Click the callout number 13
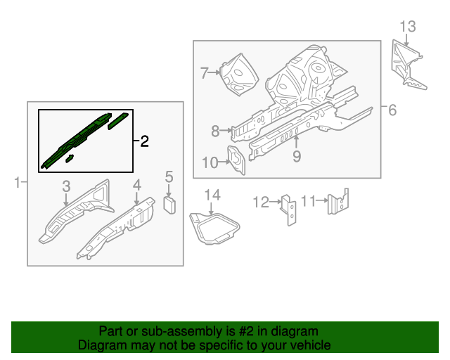pos(408,27)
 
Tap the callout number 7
pos(204,73)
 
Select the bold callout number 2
pos(145,141)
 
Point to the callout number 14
pos(212,195)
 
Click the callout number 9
pos(297,157)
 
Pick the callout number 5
pos(169,176)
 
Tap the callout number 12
pos(261,202)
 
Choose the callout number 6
pos(392,110)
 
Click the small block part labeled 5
pos(169,205)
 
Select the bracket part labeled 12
pos(289,210)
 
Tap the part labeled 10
pos(237,160)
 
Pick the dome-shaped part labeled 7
pos(239,75)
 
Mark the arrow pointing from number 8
pos(226,131)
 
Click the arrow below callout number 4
pos(137,198)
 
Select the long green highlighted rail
pos(76,141)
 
